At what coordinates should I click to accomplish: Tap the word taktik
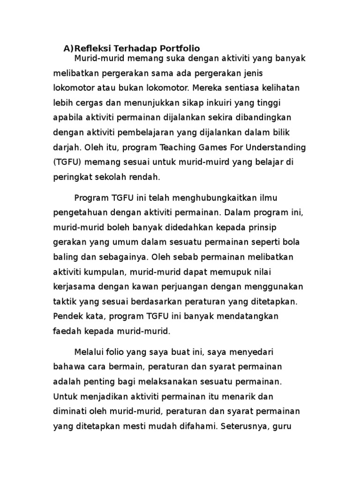coord(63,301)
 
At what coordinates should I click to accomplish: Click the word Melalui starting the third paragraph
coord(89,352)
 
